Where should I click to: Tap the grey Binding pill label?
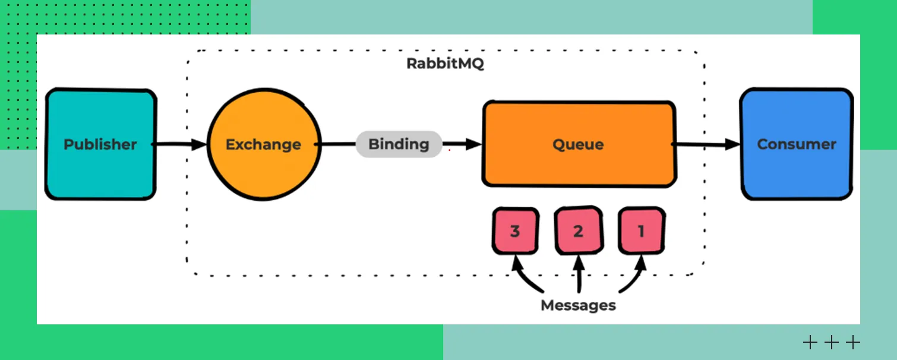pos(399,144)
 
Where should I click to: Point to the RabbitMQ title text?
pos(445,64)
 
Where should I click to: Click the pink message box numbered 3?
pos(515,230)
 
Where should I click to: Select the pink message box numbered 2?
pos(578,230)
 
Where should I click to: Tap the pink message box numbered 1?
pos(641,230)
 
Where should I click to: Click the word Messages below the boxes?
pos(578,305)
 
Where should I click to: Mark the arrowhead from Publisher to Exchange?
pos(200,144)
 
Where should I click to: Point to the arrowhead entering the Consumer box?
pos(733,144)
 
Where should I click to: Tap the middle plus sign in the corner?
pos(831,342)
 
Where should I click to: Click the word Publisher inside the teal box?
pos(100,144)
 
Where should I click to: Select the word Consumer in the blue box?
pos(796,144)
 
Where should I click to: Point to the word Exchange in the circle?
pos(264,144)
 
